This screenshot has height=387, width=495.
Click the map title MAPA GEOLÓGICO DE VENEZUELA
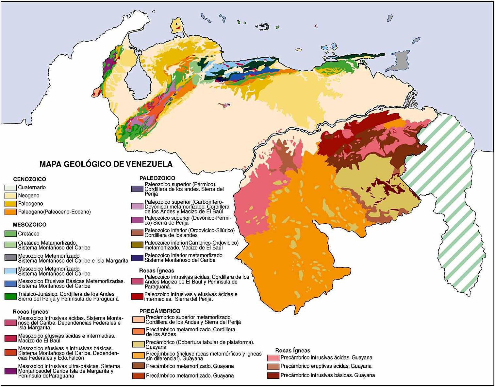click(106, 164)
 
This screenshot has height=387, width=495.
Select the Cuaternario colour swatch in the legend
click(10, 188)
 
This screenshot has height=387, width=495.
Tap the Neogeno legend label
click(28, 195)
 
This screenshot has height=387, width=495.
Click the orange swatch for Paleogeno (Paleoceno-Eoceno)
click(10, 212)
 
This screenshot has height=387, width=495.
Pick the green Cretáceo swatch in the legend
click(10, 234)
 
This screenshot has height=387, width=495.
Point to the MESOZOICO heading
click(29, 225)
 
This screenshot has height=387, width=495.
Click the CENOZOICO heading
click(29, 179)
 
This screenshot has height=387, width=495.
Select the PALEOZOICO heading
click(157, 178)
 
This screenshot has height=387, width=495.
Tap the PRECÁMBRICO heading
click(160, 311)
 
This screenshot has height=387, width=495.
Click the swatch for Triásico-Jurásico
click(10, 296)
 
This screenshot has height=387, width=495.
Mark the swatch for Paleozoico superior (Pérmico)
click(137, 189)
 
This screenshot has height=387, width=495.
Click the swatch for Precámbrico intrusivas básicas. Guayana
click(273, 376)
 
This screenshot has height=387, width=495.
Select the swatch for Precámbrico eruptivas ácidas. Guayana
click(273, 366)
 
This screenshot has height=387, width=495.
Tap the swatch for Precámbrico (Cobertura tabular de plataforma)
click(138, 344)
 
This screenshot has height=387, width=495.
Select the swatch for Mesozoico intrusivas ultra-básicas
click(10, 371)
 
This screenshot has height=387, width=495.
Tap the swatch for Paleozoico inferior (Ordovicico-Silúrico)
click(137, 233)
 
